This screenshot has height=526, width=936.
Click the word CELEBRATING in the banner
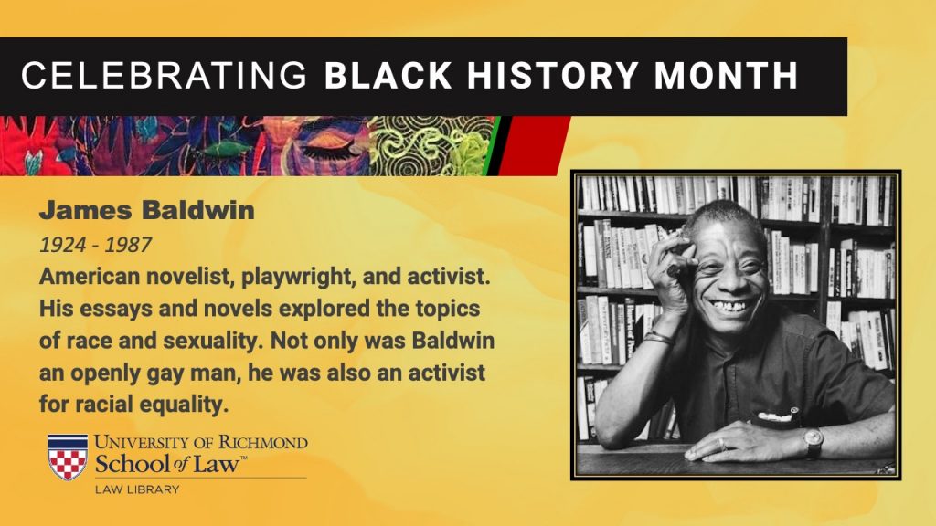(x=165, y=76)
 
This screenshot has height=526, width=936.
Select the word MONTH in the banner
(x=726, y=76)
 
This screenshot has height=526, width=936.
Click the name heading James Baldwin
(x=147, y=210)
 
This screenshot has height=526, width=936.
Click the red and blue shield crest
(x=68, y=458)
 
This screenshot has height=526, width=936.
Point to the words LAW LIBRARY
(x=137, y=489)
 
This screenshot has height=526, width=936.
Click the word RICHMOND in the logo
(x=262, y=443)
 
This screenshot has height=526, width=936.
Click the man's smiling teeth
(x=728, y=306)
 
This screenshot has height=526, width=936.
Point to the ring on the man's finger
(x=723, y=444)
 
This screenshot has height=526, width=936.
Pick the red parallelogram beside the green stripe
(x=533, y=145)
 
